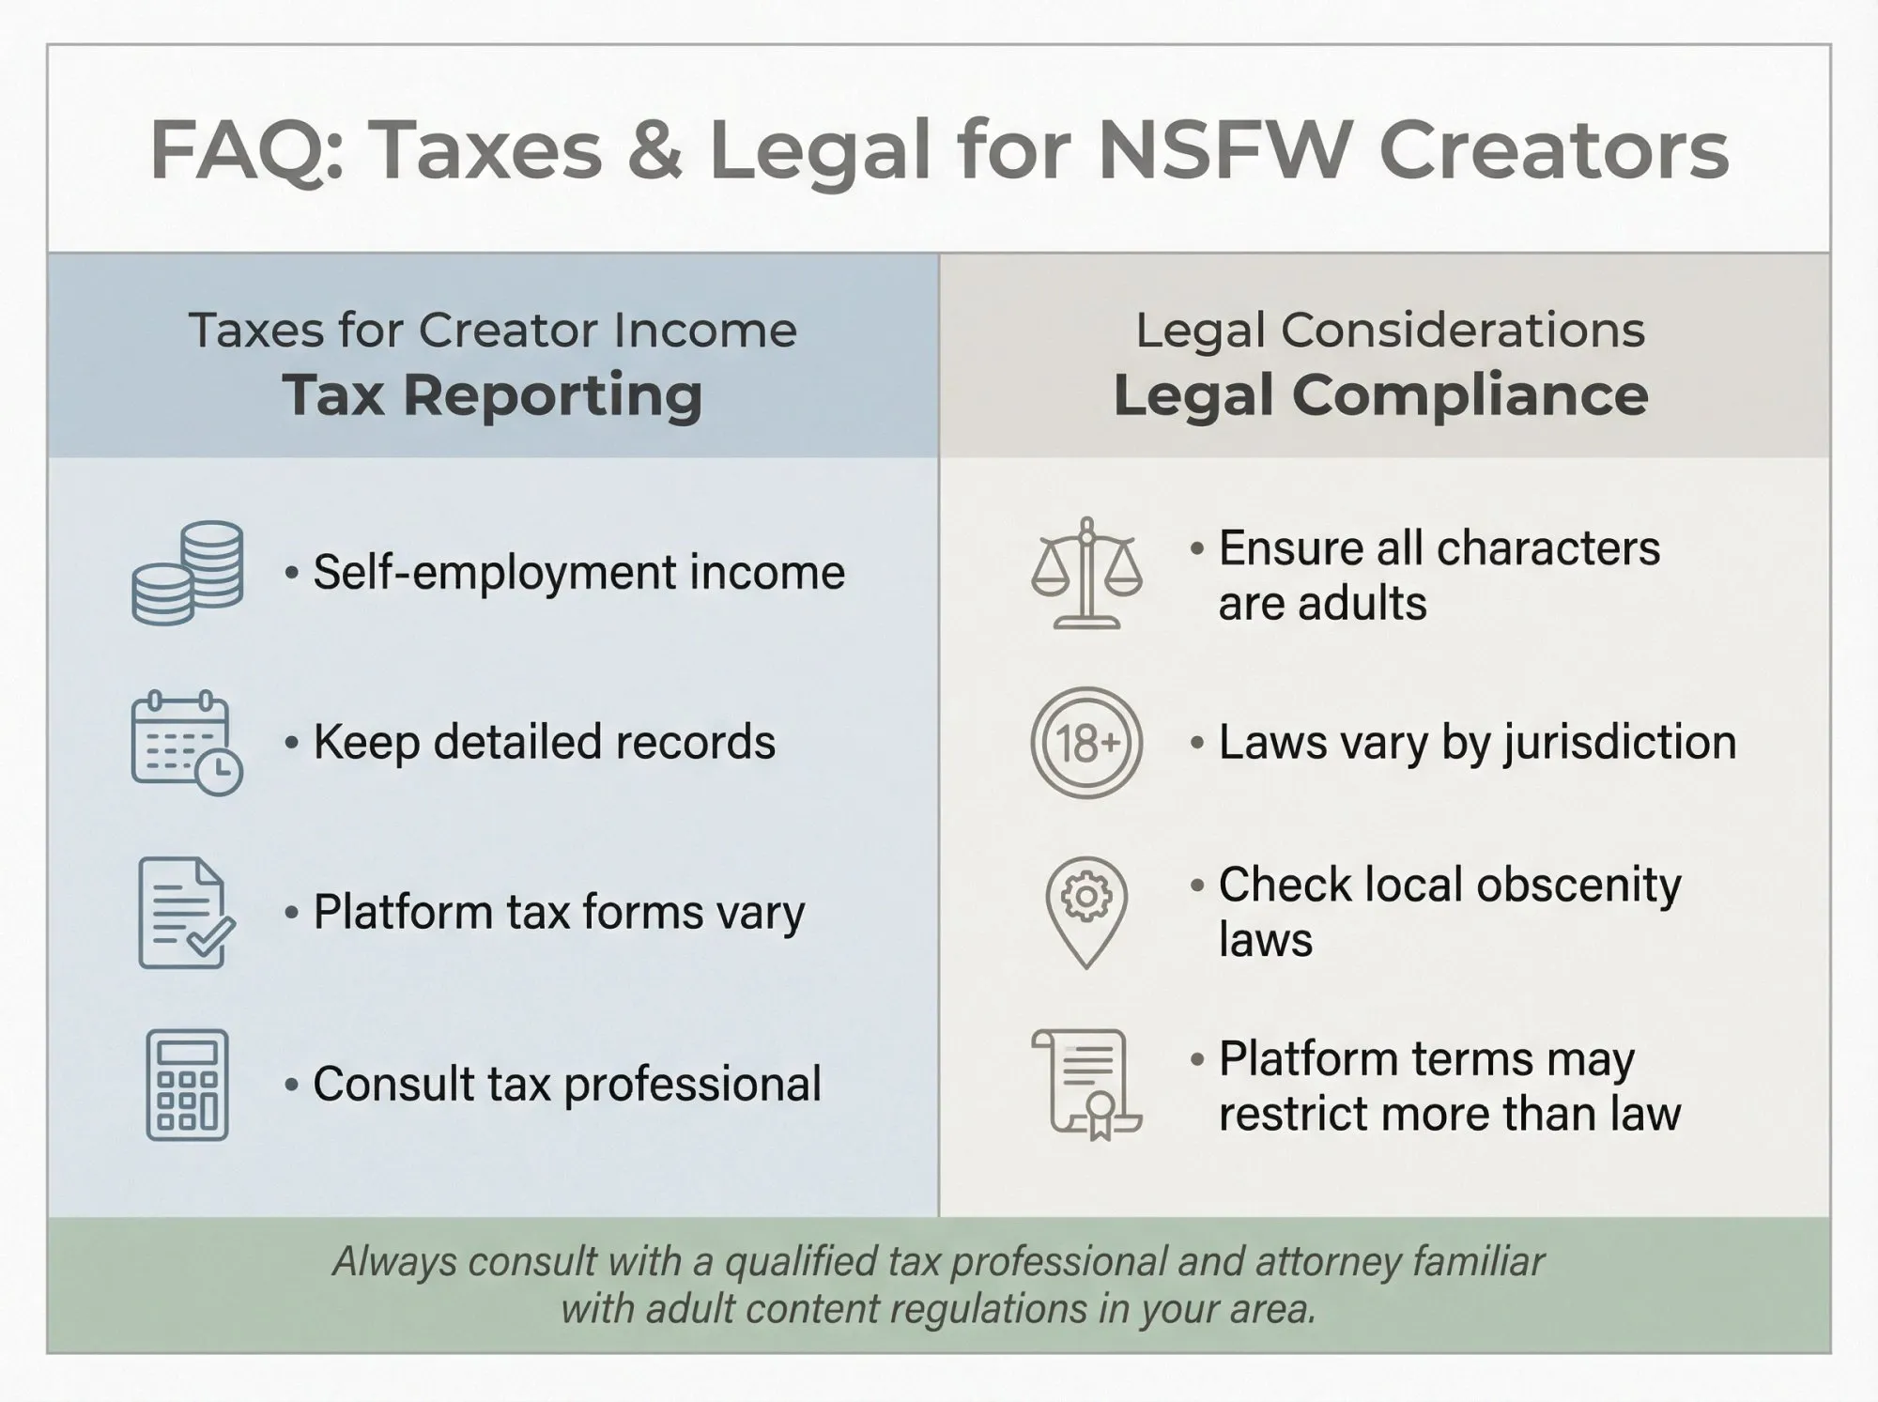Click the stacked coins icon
(188, 573)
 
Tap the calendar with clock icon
(187, 743)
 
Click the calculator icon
(187, 1085)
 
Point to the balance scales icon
(1086, 573)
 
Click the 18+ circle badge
(1086, 743)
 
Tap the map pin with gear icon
(1086, 912)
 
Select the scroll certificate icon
(1086, 1085)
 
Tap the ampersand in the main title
(655, 150)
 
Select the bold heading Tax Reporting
(492, 394)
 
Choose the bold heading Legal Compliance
(1380, 394)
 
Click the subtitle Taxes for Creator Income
(492, 331)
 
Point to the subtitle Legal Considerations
(1390, 331)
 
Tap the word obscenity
(1580, 886)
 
